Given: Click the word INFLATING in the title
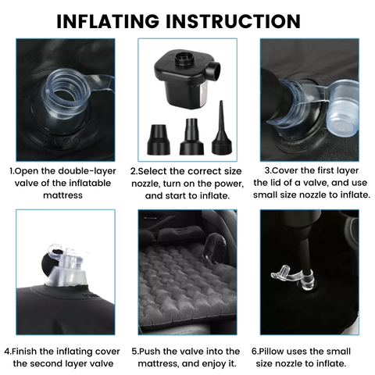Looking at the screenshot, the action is click(x=108, y=21).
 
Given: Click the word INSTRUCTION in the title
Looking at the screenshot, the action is click(x=234, y=21).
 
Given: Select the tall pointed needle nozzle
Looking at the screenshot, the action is click(x=222, y=128).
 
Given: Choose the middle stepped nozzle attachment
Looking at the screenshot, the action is click(x=191, y=137).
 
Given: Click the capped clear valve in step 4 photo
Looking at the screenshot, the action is click(x=66, y=266).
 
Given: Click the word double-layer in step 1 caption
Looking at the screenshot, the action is click(x=87, y=171).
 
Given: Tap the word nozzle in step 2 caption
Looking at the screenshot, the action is click(x=146, y=184).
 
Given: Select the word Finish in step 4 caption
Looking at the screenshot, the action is click(x=24, y=352).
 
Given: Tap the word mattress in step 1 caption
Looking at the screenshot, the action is click(x=62, y=195).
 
